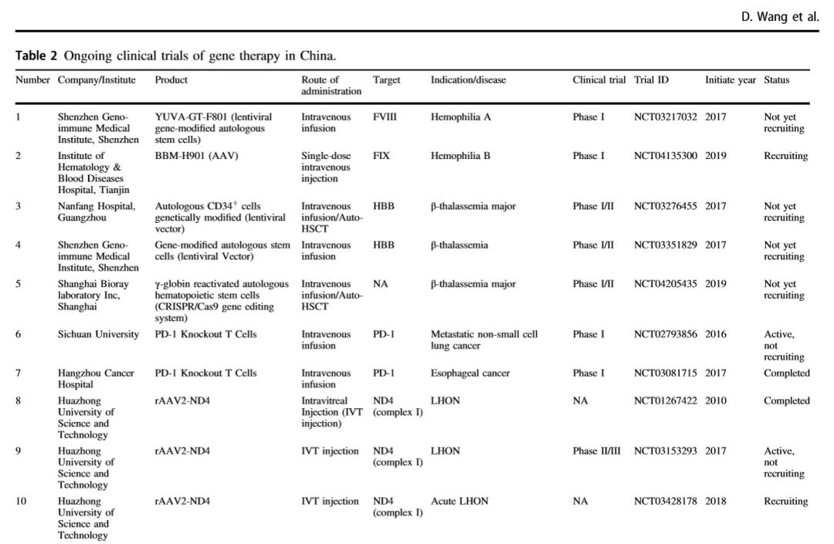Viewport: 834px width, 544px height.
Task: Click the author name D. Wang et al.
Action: (785, 15)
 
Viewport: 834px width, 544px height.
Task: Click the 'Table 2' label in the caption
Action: (37, 56)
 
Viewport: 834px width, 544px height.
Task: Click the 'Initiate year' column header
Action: (731, 80)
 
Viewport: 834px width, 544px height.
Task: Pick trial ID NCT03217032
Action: (665, 117)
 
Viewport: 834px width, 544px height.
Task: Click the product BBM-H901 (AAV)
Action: (196, 156)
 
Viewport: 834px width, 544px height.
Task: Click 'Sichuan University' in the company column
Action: (98, 335)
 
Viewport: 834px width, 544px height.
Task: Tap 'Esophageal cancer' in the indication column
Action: (470, 373)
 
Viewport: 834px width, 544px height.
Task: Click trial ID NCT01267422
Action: (665, 401)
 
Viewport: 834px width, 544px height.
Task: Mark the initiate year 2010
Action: (715, 401)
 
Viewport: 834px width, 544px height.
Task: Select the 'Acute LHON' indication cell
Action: (459, 502)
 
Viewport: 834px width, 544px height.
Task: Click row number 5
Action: (18, 284)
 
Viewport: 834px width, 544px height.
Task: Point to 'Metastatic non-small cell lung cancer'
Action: (483, 340)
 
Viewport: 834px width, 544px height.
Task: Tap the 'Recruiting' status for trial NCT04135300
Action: (785, 156)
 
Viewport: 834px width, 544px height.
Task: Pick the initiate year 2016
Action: (715, 335)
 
